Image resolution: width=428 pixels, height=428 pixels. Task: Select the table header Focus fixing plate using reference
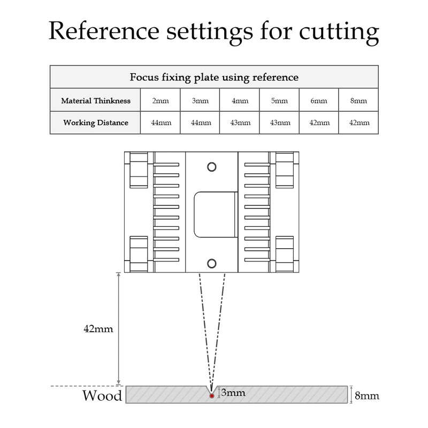214,77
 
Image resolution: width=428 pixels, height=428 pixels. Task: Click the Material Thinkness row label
95,100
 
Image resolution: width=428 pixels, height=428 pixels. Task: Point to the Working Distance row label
95,123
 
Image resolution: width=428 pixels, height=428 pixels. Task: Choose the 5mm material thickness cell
279,100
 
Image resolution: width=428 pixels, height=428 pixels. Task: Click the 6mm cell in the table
319,100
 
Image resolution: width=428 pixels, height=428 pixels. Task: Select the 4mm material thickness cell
240,100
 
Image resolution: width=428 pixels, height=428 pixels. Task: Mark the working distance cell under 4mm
240,123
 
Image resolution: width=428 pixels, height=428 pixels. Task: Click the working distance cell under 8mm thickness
358,123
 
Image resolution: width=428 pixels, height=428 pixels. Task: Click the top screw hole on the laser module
212,166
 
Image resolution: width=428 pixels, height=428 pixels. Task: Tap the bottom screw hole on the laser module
212,263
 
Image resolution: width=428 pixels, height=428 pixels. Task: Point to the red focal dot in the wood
212,396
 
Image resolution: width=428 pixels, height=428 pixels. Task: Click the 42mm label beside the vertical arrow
98,328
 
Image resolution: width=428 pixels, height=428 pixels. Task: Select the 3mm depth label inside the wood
233,393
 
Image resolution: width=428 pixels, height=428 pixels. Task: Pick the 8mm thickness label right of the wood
367,396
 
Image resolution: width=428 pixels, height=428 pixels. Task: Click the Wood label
102,396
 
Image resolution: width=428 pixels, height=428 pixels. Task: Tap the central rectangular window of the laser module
214,214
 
